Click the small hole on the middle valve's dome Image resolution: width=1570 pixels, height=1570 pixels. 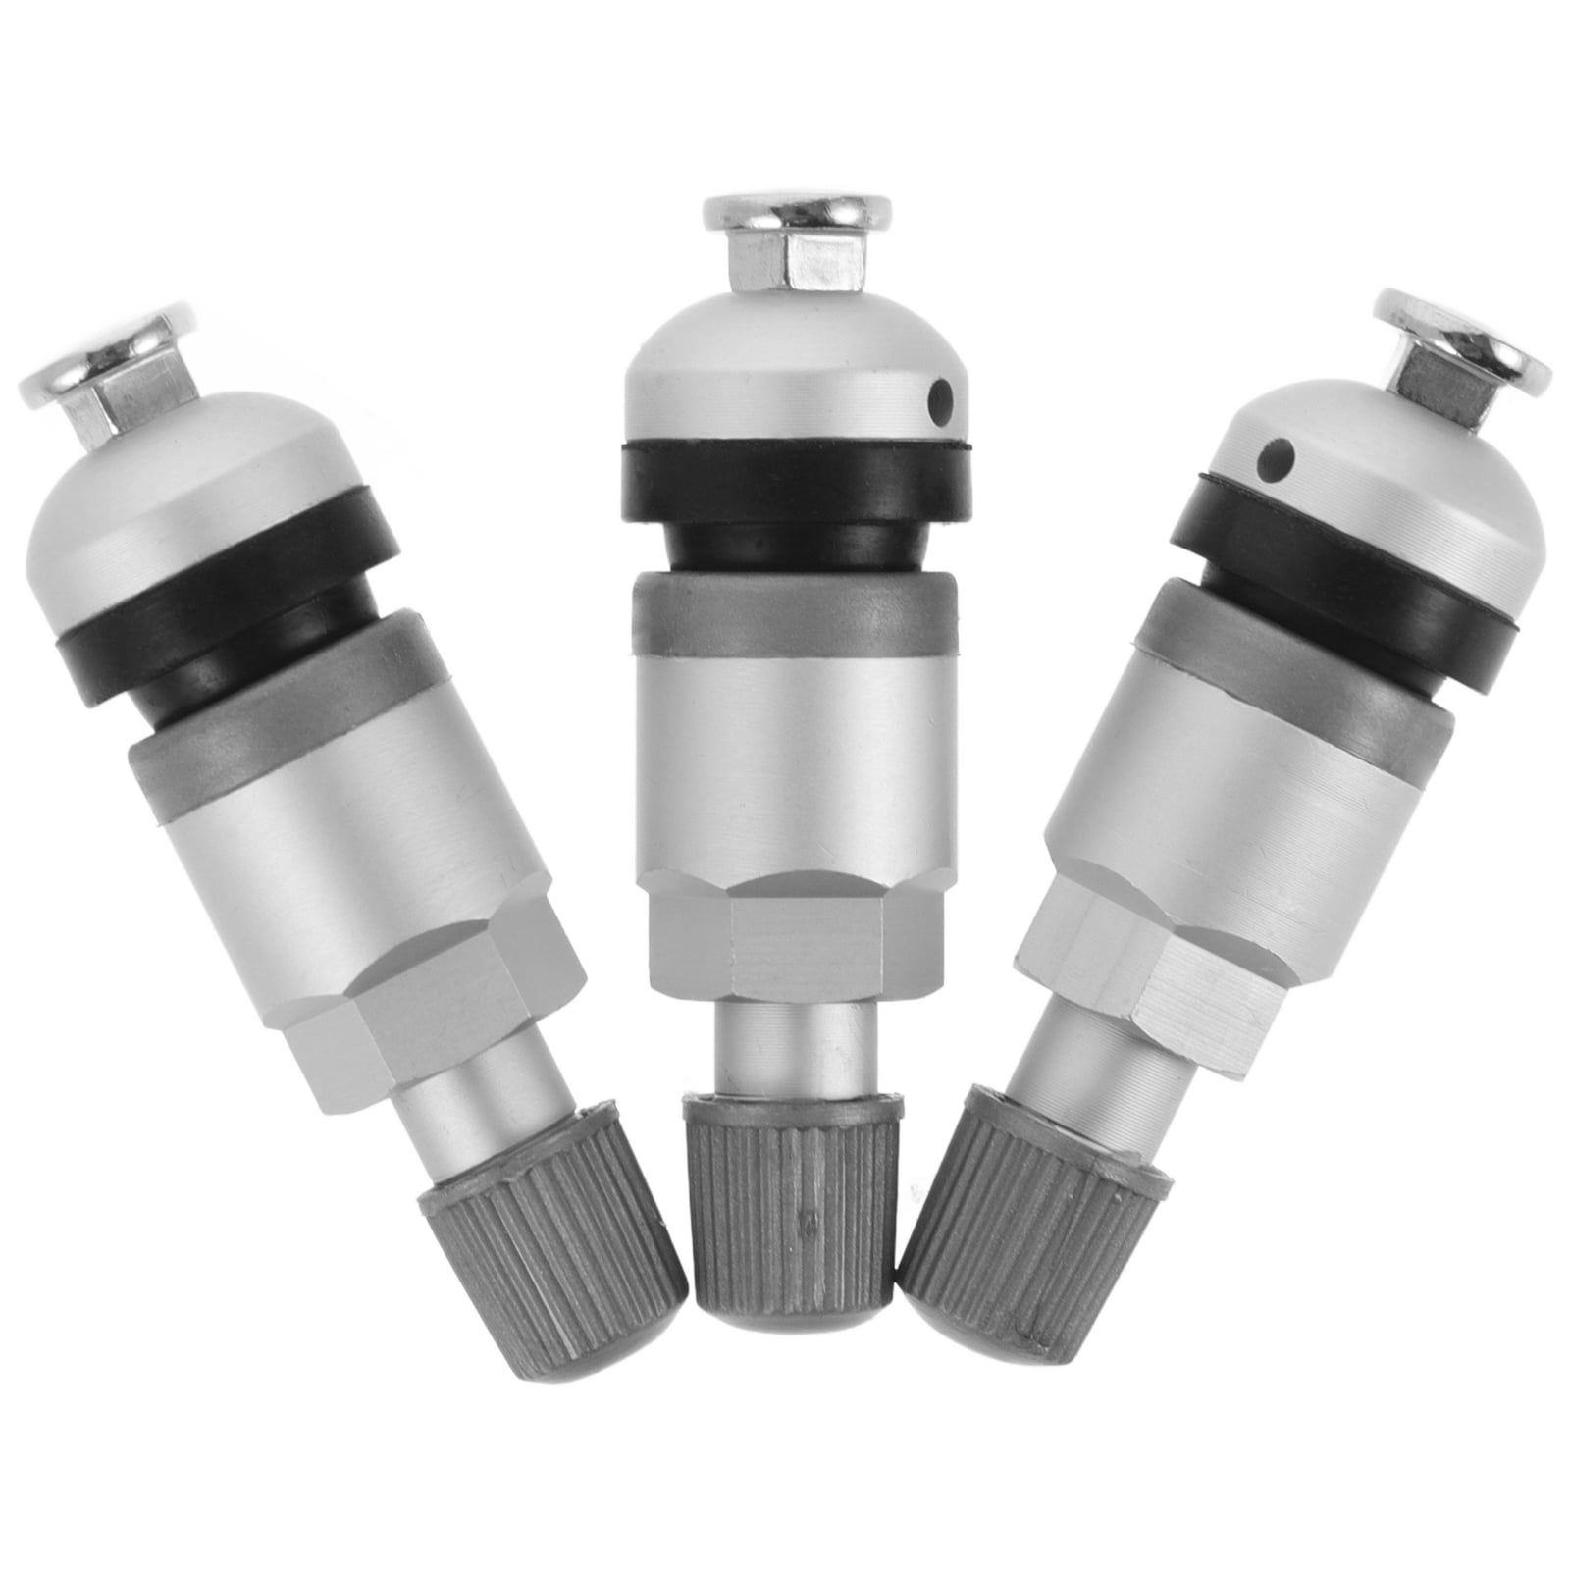click(x=944, y=397)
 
